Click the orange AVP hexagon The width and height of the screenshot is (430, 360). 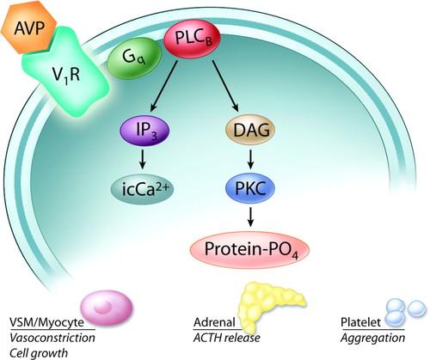coord(29,28)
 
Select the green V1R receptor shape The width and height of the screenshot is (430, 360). coord(66,73)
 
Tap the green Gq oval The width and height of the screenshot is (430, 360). coord(134,58)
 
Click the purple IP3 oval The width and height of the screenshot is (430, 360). coord(144,131)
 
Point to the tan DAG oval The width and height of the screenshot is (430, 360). coord(250,131)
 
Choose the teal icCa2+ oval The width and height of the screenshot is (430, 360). coord(143,189)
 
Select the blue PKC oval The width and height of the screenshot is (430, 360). coord(250,188)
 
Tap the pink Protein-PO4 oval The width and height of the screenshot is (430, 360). coord(249,249)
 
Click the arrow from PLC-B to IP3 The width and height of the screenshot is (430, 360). coord(164,85)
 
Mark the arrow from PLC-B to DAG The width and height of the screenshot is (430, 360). coord(225,85)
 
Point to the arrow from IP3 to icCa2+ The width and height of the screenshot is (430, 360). coord(143,160)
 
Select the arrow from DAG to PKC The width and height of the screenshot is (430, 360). coord(251,159)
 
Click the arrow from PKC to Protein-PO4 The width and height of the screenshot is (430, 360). coord(251,217)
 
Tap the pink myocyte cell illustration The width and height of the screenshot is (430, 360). coord(107,308)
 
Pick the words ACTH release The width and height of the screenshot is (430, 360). coord(227,338)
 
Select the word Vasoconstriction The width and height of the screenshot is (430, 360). coord(52,338)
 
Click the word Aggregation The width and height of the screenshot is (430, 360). coord(372,339)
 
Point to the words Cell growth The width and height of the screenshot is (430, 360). coord(39,353)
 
